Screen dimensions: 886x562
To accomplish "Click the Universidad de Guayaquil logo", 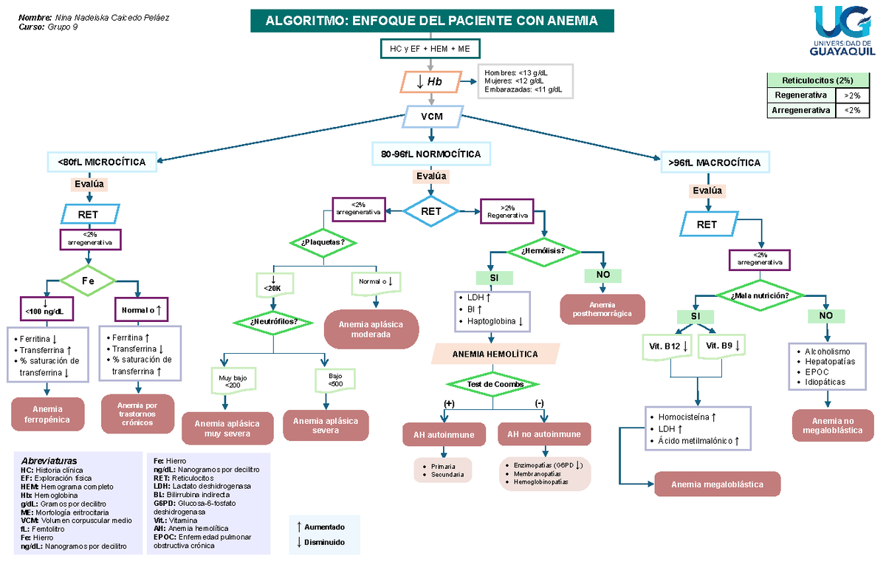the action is [x=842, y=31].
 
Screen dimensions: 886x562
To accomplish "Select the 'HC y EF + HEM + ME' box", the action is [x=430, y=49].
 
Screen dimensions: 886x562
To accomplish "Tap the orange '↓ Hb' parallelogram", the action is [x=430, y=82].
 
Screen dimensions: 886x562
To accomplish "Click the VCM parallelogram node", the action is [x=433, y=116].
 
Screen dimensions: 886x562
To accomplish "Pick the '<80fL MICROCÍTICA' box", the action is [x=102, y=162].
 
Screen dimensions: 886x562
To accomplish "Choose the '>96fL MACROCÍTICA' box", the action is [x=715, y=162].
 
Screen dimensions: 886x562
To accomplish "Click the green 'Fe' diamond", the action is [x=88, y=281].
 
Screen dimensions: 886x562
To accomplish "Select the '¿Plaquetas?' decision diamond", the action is [x=323, y=242].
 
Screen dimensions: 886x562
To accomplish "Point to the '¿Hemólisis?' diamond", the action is [x=544, y=252].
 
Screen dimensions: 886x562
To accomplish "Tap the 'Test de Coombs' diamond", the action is [x=493, y=384].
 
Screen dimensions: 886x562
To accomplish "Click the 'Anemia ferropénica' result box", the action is [x=47, y=414].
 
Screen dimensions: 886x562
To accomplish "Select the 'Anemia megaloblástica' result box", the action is [x=717, y=484].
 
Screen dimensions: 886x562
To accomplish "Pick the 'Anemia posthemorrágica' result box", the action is [x=602, y=309].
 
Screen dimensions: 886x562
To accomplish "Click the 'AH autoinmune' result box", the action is [x=444, y=434].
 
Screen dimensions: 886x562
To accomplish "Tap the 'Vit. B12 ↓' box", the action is [x=667, y=347].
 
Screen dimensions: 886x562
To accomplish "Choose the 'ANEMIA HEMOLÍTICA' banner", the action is [x=495, y=354].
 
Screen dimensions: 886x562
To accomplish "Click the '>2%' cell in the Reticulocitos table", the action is [x=852, y=95].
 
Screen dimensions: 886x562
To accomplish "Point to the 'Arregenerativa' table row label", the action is [x=801, y=110].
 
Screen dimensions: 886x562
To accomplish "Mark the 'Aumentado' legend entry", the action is [x=320, y=527].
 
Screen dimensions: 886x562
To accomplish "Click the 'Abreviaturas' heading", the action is [x=49, y=461].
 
